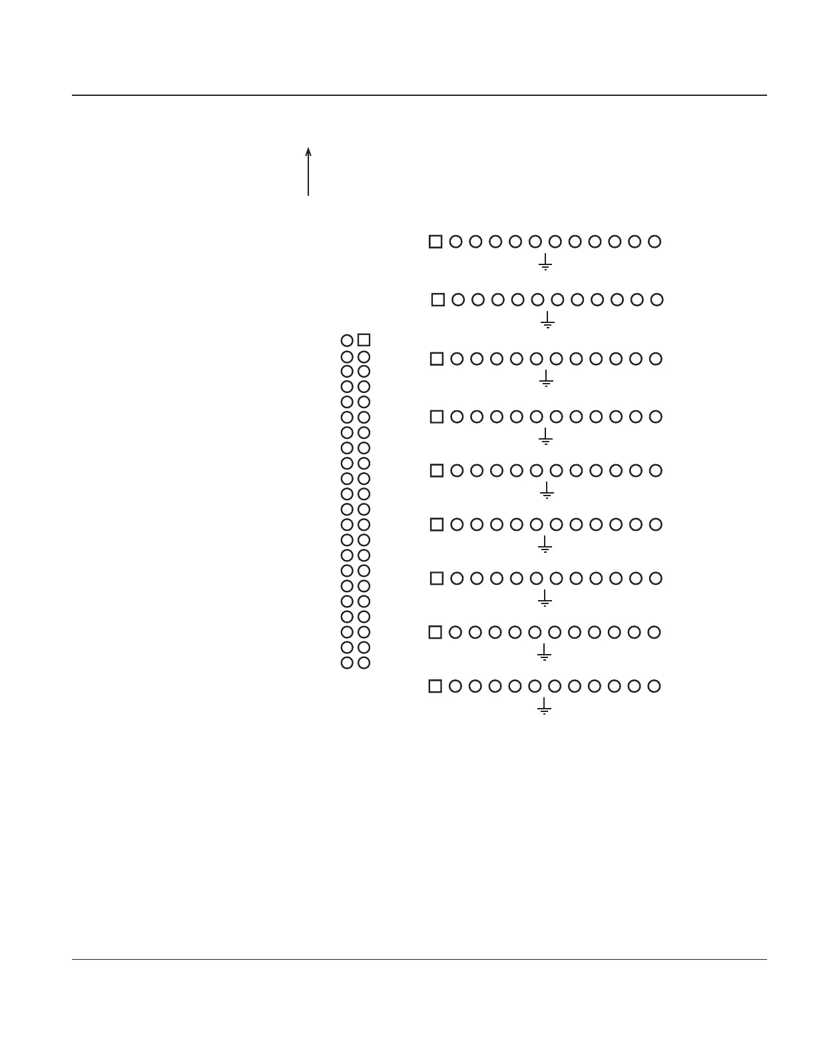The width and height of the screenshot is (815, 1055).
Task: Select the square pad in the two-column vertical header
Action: point(364,340)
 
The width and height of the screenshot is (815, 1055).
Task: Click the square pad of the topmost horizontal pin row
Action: point(435,242)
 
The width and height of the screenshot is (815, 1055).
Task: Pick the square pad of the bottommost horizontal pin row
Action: point(435,686)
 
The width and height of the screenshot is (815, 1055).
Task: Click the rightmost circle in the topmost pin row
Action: point(655,242)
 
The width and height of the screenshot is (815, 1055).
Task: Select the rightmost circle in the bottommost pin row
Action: point(655,686)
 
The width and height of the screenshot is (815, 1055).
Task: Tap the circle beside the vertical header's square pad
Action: point(347,341)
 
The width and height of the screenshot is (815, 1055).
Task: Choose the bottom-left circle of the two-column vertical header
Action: point(347,663)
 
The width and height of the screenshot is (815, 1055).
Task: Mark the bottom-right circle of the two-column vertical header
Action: point(364,663)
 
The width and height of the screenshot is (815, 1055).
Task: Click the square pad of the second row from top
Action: point(438,300)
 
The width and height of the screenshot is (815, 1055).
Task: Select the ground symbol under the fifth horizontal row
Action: point(547,492)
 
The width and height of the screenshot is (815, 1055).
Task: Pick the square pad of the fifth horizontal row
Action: point(437,471)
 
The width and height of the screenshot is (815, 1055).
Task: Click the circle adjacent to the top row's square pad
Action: point(455,242)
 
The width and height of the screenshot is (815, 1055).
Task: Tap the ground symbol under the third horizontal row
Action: point(546,380)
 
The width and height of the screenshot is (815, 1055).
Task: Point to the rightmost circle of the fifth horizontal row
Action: point(656,471)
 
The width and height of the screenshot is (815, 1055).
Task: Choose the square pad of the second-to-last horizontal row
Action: point(435,632)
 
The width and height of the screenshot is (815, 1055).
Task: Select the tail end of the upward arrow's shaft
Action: point(308,195)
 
